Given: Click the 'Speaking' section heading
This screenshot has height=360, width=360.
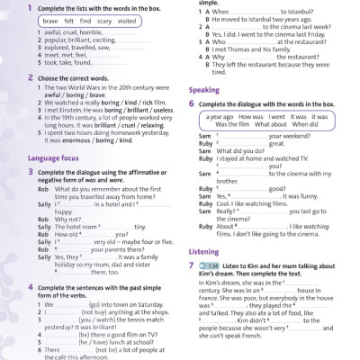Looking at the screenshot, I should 203,90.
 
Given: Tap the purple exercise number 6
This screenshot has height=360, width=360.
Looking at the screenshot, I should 192,103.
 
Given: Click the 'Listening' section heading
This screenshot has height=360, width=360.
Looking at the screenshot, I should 205,252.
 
